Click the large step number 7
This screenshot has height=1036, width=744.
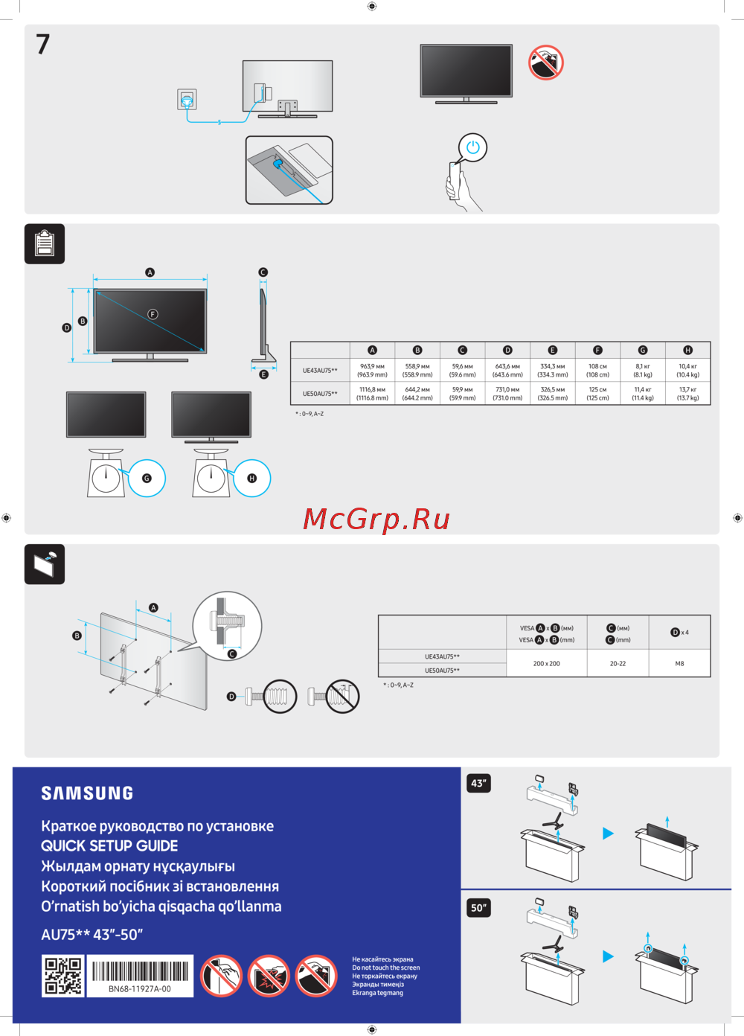pos(43,45)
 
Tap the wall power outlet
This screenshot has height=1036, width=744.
pos(187,99)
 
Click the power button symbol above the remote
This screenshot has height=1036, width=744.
pos(472,147)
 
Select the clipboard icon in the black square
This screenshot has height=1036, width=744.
pos(45,243)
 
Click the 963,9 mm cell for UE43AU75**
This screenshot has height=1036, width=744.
pos(372,371)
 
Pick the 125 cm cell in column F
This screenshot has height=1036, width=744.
pos(597,394)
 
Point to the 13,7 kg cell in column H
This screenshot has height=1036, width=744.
pos(687,394)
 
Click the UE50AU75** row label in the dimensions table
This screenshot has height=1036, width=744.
pos(320,394)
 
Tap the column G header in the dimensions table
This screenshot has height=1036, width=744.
pos(643,350)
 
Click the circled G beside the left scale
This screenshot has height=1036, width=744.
pos(147,479)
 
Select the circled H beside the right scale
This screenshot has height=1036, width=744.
pos(251,479)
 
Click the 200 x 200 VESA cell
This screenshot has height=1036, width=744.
pos(546,663)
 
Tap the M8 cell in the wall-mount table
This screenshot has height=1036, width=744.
pos(679,663)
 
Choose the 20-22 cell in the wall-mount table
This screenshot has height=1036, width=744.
pos(618,663)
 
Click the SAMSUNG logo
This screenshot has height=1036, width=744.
pos(87,793)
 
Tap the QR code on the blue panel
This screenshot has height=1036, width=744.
pos(63,976)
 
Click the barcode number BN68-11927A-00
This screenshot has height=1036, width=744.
pos(140,989)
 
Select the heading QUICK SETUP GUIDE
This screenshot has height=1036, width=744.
pos(109,846)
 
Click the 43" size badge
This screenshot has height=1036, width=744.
pos(478,783)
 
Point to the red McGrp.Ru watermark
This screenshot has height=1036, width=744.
pos(376,519)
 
